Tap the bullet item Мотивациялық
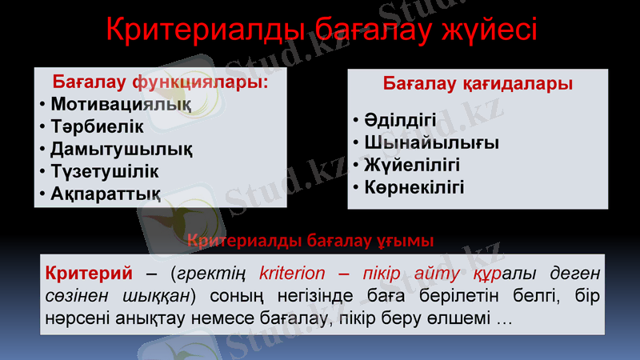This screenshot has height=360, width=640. (121, 104)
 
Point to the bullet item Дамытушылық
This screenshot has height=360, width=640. (121, 149)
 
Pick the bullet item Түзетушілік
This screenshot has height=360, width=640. (105, 171)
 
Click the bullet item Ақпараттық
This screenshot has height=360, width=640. (105, 194)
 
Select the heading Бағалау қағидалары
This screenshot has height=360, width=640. (478, 83)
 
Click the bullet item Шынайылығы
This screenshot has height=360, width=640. (431, 143)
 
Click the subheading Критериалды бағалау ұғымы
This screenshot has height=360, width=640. (310, 239)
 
